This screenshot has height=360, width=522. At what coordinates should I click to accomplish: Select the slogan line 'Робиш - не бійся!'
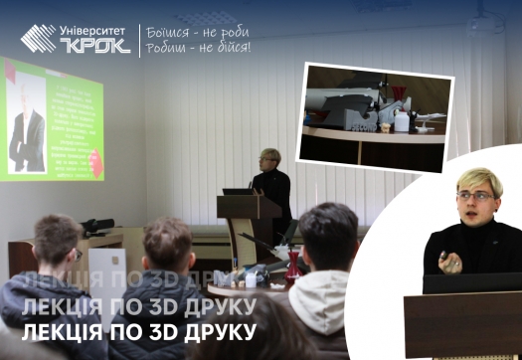coord(197,47)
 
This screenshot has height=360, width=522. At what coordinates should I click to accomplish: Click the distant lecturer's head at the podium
coord(268,159)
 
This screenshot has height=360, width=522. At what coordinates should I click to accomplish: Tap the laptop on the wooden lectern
coord(239,190)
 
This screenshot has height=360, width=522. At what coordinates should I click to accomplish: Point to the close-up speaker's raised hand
coord(449,264)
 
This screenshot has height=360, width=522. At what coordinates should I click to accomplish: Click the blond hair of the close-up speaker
coord(478,179)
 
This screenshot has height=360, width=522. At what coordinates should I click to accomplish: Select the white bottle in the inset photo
coord(402,121)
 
